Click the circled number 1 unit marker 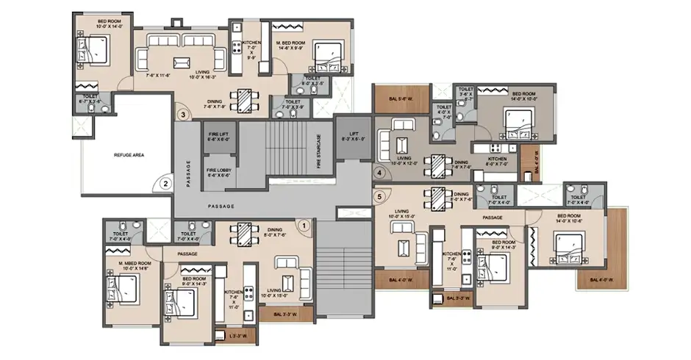coord(301,226)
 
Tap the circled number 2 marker coord(166,184)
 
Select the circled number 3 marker coord(182,114)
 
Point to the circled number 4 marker coord(379,173)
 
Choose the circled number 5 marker coord(379,196)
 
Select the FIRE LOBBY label coord(220,173)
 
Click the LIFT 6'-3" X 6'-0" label coord(351,136)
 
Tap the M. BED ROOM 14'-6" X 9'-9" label coord(304,31)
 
